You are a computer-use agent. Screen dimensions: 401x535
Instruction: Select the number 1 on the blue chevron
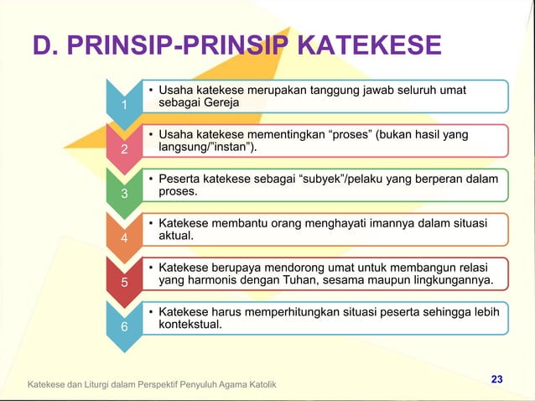pyautogui.click(x=123, y=105)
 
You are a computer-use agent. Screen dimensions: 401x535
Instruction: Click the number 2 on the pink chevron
pyautogui.click(x=123, y=150)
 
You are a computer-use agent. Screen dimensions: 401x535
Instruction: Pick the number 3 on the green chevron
pyautogui.click(x=123, y=194)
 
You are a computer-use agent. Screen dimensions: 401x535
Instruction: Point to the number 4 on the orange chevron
pyautogui.click(x=123, y=238)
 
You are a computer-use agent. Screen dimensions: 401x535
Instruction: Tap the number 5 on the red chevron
pyautogui.click(x=123, y=282)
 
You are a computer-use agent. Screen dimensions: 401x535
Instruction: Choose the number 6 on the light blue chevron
pyautogui.click(x=123, y=326)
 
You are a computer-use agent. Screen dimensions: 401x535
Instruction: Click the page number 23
pyautogui.click(x=496, y=380)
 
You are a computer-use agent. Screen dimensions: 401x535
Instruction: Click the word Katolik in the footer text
pyautogui.click(x=261, y=384)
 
